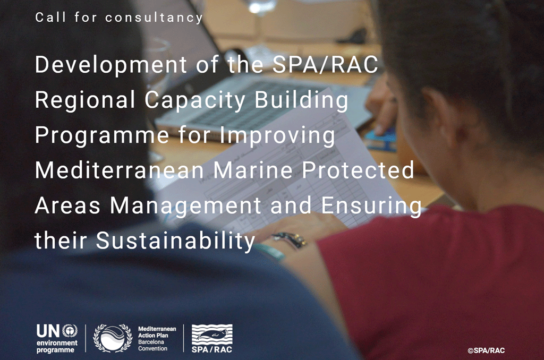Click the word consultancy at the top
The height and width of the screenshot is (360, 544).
point(154,18)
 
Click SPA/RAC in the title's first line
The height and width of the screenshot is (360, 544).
point(325,64)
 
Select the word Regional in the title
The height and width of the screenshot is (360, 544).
point(85,100)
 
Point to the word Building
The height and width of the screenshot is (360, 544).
point(301,100)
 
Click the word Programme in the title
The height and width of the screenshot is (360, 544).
point(101,135)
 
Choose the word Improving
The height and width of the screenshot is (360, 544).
point(277,135)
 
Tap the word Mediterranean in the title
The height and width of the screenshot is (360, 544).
point(119,170)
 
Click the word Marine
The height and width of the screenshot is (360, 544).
point(253,170)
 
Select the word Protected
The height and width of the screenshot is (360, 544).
point(358,170)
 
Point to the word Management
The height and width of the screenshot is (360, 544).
point(185,206)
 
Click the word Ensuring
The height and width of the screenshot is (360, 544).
point(371,206)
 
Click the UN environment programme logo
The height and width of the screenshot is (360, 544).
point(57,339)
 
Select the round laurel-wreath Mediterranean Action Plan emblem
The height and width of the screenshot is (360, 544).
point(113,338)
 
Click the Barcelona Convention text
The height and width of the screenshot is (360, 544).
point(152,345)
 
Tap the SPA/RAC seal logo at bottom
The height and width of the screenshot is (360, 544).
point(212,339)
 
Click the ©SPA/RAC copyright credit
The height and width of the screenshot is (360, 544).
point(486,350)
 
